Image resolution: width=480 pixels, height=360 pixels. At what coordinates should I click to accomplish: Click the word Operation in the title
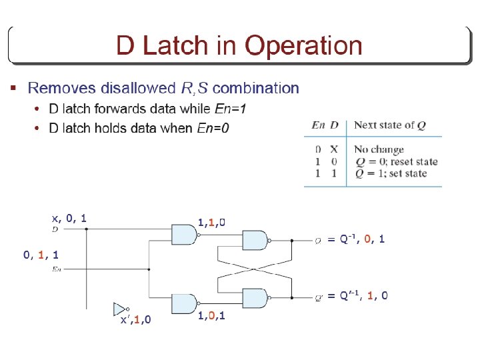click(x=303, y=46)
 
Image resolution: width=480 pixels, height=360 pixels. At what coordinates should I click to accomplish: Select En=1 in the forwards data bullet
click(x=235, y=109)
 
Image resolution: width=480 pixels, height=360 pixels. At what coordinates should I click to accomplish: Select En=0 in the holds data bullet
click(x=213, y=128)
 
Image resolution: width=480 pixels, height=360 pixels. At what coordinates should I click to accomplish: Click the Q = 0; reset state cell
click(x=395, y=161)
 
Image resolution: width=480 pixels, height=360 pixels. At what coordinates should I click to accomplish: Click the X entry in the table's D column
click(x=334, y=149)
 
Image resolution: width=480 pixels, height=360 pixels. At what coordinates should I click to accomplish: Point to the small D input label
click(x=55, y=229)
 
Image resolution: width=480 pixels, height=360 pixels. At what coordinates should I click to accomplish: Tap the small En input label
click(x=57, y=269)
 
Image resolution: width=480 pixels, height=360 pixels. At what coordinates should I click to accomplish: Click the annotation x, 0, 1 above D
click(x=69, y=218)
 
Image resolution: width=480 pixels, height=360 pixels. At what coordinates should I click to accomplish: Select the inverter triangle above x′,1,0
click(x=120, y=309)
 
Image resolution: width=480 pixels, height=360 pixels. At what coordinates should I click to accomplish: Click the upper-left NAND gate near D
click(x=184, y=233)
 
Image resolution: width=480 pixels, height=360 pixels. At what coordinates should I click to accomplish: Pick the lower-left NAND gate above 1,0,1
click(x=184, y=303)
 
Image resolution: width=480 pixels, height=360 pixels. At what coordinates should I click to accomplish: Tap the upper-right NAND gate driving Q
click(x=255, y=239)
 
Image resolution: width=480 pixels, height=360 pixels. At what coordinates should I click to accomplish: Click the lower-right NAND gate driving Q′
click(x=255, y=297)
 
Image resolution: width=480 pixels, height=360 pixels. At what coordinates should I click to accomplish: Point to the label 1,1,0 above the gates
click(x=211, y=222)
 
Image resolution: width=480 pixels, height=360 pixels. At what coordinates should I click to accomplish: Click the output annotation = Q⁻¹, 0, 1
click(x=356, y=239)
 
